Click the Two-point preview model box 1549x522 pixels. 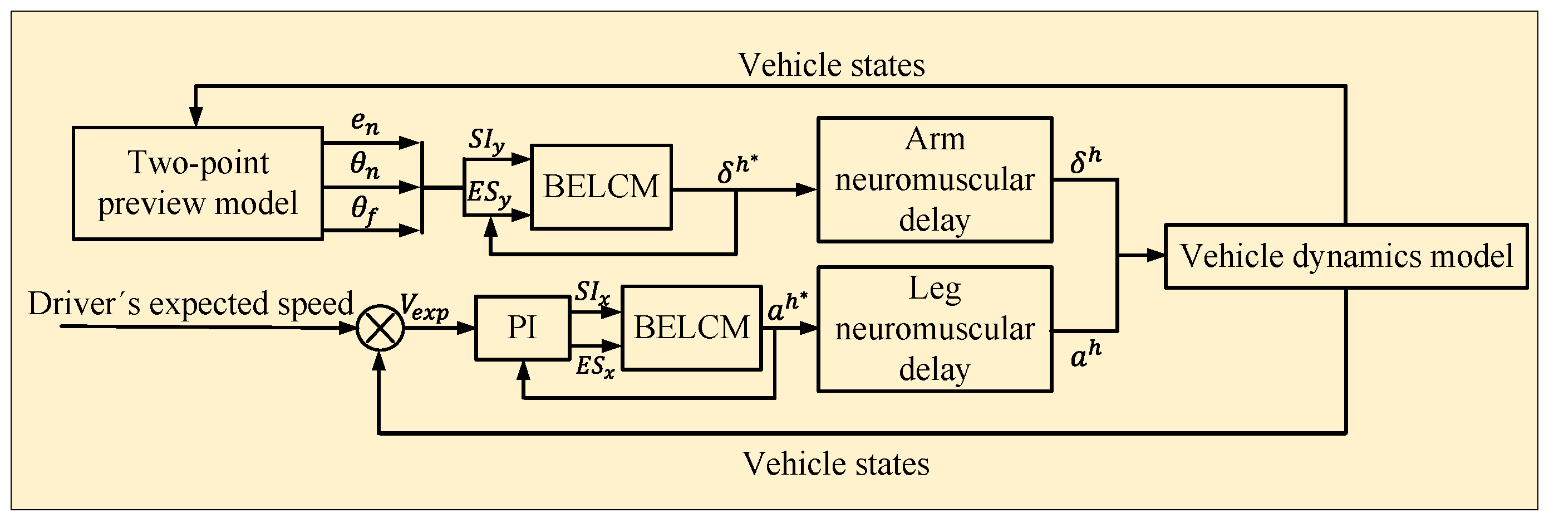pos(197,183)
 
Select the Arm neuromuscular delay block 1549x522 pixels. pos(934,179)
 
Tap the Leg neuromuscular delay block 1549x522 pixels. pos(934,329)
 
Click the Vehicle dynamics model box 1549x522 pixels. pos(1346,256)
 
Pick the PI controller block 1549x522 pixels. pos(522,328)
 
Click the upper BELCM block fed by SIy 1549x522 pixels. pos(601,187)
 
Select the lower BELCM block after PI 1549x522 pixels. pos(691,328)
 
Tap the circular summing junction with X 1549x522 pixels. pos(380,328)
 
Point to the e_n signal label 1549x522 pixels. pos(365,124)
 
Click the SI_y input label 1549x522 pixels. pos(486,142)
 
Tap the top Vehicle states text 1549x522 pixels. pos(831,65)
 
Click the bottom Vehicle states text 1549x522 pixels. pos(836,464)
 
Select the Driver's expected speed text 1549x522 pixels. pos(190,304)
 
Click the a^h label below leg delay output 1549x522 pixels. pos(1086,355)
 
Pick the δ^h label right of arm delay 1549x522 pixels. pos(1086,162)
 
